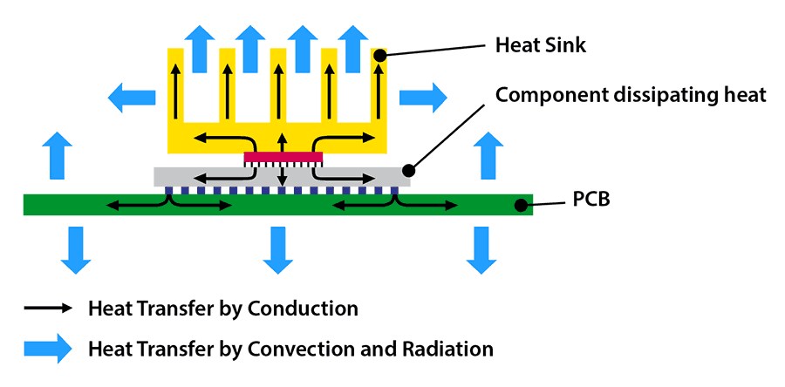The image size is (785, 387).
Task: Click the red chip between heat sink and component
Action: click(283, 157)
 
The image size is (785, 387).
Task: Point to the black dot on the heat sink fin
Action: click(380, 55)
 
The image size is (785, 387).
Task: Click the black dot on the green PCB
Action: click(521, 206)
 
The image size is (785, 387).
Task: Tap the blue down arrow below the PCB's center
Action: click(277, 249)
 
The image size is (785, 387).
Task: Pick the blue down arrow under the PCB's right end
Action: click(480, 249)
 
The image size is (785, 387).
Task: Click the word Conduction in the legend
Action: click(303, 309)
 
